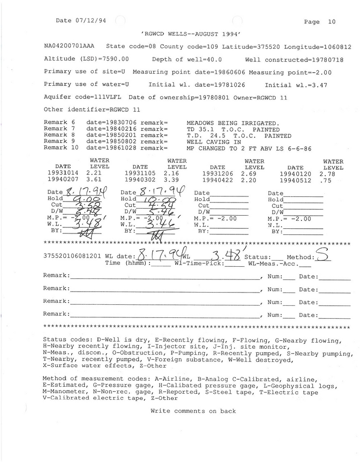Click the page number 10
click(332, 22)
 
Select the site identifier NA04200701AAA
click(69, 47)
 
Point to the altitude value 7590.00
click(112, 60)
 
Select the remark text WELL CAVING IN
click(214, 142)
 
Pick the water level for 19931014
click(94, 173)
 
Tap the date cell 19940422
click(217, 180)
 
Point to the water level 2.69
click(248, 173)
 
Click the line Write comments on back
click(193, 411)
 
